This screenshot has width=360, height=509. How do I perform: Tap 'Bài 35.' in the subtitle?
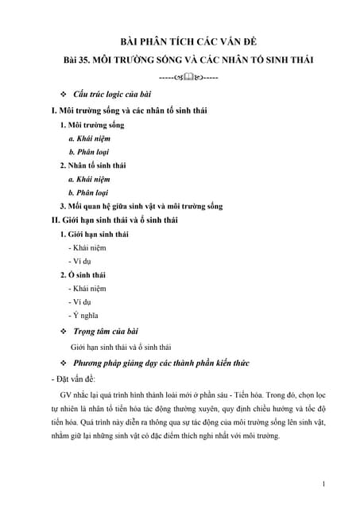pyautogui.click(x=81, y=60)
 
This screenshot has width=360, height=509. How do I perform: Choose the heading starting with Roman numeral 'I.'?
pyautogui.click(x=128, y=111)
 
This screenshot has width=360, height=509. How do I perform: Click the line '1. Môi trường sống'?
pyautogui.click(x=92, y=125)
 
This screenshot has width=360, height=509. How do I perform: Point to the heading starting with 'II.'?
pyautogui.click(x=122, y=220)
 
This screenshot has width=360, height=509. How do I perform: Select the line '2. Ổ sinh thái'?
pyautogui.click(x=84, y=274)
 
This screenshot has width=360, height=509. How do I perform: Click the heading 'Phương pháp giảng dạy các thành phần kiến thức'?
pyautogui.click(x=161, y=363)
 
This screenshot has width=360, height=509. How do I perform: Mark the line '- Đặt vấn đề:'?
pyautogui.click(x=72, y=379)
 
